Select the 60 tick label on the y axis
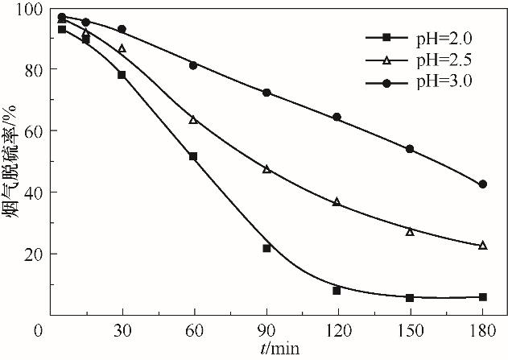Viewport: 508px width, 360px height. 34,130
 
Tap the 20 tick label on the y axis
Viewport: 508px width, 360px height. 34,254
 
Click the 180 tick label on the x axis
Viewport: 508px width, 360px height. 482,331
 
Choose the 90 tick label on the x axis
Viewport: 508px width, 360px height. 266,331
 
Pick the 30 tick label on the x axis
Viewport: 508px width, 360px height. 122,331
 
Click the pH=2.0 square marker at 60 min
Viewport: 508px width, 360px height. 193,156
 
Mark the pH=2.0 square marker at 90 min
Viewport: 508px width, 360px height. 266,248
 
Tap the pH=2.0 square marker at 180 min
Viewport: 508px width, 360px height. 482,297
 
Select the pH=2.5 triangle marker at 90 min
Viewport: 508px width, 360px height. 266,169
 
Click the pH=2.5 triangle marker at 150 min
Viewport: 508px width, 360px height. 410,232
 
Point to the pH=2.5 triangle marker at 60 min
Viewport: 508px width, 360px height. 193,120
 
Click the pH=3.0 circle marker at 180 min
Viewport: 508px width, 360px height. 482,184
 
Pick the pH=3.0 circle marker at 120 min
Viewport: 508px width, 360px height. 337,117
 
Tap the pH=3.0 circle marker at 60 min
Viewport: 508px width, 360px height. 193,65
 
